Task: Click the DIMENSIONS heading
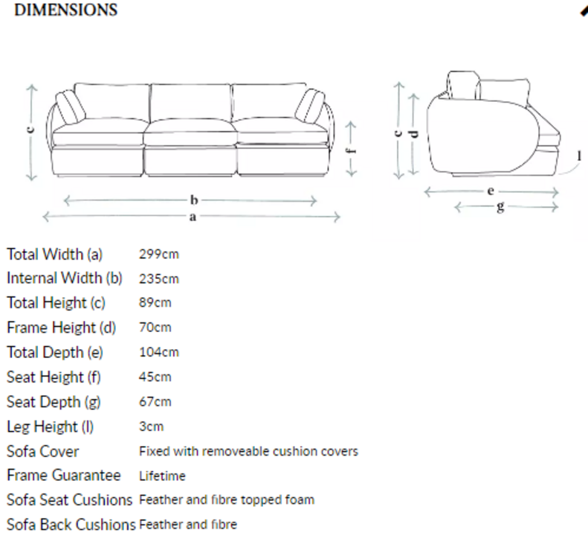point(65,10)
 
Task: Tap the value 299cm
point(158,255)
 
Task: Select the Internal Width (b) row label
point(65,278)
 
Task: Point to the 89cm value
point(155,302)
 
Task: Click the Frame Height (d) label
point(62,328)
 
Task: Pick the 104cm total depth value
point(158,352)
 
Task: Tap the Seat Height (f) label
point(54,377)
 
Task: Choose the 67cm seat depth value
point(155,401)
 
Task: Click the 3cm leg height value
point(151,427)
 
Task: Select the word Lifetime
point(162,476)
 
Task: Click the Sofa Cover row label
point(43,451)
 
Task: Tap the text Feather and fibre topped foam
point(227,500)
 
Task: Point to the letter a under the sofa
point(193,217)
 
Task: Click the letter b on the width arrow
point(194,200)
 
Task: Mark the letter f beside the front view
point(351,151)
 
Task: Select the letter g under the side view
point(500,207)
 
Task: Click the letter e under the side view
point(491,191)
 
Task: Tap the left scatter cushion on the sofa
point(70,107)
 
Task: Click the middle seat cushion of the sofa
point(190,132)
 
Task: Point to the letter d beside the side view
point(414,134)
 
